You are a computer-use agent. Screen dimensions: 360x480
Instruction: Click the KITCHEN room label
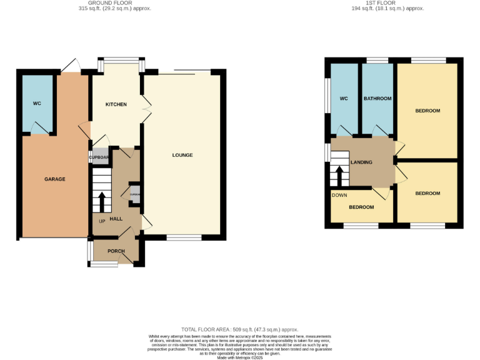[116, 104]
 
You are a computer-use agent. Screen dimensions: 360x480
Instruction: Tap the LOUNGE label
[182, 155]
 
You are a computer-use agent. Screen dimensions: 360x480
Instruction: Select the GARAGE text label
[54, 179]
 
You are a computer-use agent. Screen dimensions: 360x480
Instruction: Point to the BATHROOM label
[377, 99]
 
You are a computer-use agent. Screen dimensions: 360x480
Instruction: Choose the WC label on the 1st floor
[343, 99]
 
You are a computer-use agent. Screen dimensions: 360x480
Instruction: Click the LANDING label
[361, 162]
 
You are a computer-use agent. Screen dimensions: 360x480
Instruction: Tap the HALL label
[116, 219]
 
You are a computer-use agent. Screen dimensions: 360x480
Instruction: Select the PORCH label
[116, 251]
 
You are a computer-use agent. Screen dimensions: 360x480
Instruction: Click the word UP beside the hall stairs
[101, 220]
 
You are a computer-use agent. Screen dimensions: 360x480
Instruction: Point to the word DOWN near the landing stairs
[339, 195]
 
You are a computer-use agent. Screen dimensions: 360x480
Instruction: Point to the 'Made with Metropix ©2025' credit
[239, 357]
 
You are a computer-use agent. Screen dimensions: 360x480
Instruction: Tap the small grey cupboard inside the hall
[134, 193]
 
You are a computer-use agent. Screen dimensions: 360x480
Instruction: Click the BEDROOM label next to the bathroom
[427, 111]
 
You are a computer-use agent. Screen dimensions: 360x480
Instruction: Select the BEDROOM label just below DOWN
[361, 207]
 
